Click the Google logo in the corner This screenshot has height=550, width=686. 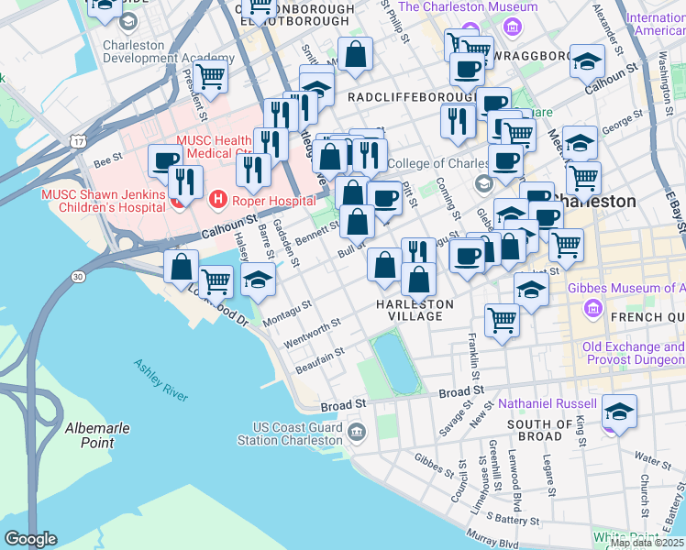tap(30, 539)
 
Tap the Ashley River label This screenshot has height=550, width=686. tap(160, 377)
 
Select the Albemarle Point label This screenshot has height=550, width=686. tap(89, 434)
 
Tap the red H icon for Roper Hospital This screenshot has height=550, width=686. tap(218, 197)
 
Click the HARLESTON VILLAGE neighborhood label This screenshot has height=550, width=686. tap(415, 310)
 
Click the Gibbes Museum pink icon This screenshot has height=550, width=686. tap(593, 309)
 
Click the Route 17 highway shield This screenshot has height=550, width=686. tap(81, 141)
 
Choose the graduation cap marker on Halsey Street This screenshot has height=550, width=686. tap(260, 280)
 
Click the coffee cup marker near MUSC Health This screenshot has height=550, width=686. tap(166, 161)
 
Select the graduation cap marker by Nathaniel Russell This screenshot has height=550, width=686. tap(620, 412)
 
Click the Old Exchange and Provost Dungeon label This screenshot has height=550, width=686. tap(633, 355)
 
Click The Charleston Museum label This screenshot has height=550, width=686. tap(467, 6)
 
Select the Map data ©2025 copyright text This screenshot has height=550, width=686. tap(647, 543)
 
